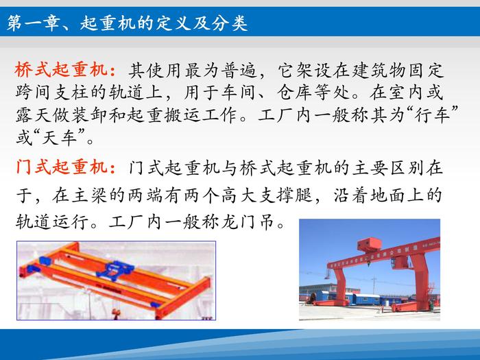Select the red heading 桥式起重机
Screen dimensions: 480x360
tap(61, 69)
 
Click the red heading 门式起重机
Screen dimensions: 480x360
tap(61, 167)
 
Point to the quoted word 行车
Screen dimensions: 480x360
tap(432, 115)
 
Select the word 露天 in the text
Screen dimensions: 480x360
tap(34, 115)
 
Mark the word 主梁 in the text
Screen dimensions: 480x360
tap(89, 195)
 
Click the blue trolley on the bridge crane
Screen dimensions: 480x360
tap(115, 270)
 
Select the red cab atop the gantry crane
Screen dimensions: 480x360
tap(370, 244)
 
